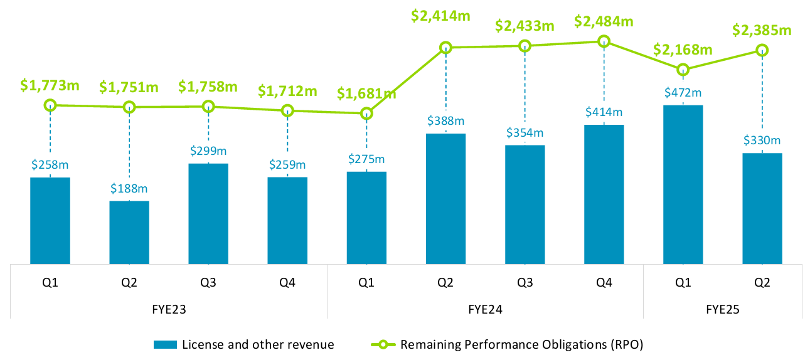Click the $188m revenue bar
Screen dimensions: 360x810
(129, 232)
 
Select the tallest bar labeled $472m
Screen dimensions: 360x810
(683, 184)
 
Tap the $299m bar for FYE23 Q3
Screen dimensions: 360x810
(208, 213)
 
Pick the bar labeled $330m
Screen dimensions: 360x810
(762, 208)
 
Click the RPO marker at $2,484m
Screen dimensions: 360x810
(604, 41)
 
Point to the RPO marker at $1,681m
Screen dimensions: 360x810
(366, 114)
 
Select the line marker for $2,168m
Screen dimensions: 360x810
(683, 69)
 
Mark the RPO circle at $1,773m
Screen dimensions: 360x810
(50, 105)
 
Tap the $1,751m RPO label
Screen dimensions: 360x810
(129, 88)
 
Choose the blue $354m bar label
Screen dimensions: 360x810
(525, 133)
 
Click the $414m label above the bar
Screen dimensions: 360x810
(604, 112)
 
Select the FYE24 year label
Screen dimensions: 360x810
(485, 309)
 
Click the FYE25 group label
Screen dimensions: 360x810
(722, 309)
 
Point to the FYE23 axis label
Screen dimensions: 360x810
(169, 309)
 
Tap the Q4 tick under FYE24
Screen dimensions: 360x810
(604, 282)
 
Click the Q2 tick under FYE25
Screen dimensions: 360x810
(762, 282)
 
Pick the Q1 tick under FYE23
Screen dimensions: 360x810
(50, 282)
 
